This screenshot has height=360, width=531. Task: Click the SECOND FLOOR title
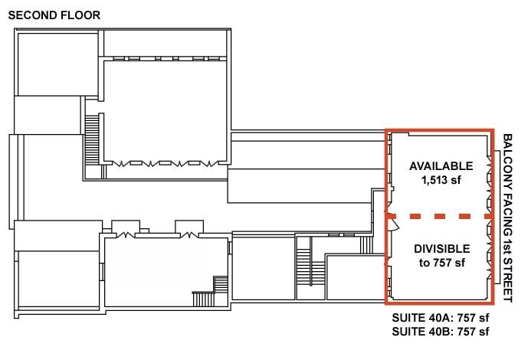pyautogui.click(x=54, y=15)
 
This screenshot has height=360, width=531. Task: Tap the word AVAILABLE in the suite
pyautogui.click(x=440, y=167)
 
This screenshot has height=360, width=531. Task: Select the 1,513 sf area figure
pyautogui.click(x=440, y=181)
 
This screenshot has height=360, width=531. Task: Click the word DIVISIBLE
pyautogui.click(x=441, y=250)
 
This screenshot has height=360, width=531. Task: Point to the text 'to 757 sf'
pyautogui.click(x=441, y=263)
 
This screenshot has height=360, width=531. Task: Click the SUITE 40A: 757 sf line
pyautogui.click(x=440, y=317)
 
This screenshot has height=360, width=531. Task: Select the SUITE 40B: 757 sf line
pyautogui.click(x=440, y=332)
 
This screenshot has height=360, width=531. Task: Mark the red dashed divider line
pyautogui.click(x=440, y=218)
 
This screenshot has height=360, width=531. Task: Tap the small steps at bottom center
pyautogui.click(x=204, y=299)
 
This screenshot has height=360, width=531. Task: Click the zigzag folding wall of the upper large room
pyautogui.click(x=166, y=162)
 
